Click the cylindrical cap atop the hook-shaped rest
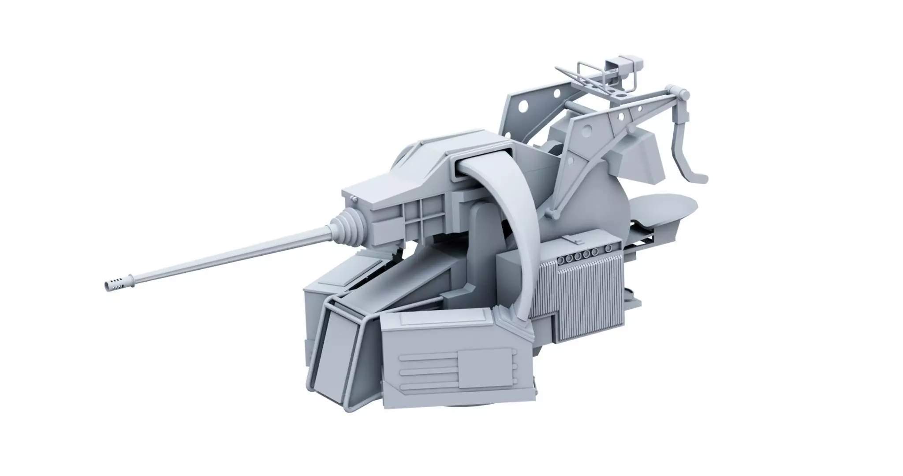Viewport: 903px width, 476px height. [x=683, y=94]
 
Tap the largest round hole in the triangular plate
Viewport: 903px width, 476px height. [x=586, y=130]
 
